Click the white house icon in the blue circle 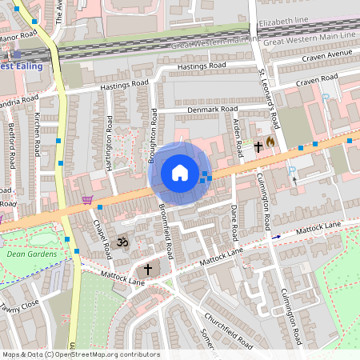point(180,173)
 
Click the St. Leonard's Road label point(267,98)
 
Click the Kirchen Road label point(37,135)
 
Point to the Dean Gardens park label point(32,254)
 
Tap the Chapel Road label point(102,239)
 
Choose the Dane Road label point(234,222)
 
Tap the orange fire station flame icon point(271,142)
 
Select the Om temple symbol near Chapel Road point(123,242)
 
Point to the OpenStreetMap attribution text point(80,354)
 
